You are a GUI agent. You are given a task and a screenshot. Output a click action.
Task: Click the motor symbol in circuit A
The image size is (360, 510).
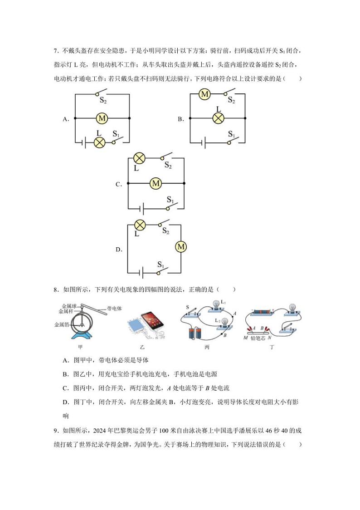[x=102, y=118]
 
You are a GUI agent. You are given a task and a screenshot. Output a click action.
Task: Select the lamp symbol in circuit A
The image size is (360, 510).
[x=99, y=142]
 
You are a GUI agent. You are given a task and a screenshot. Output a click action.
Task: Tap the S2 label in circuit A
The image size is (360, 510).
[x=103, y=101]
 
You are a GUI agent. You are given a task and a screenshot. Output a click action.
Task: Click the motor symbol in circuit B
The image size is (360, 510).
[x=204, y=94]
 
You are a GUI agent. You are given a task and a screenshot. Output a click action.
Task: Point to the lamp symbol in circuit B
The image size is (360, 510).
[x=219, y=118]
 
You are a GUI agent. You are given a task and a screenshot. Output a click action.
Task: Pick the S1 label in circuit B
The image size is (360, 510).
[x=231, y=134]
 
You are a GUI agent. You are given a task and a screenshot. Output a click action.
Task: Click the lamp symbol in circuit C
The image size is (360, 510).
[x=139, y=158]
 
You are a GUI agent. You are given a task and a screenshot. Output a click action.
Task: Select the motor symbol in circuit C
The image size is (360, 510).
[x=156, y=183]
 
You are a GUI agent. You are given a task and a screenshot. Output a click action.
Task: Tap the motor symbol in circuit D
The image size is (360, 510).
[x=181, y=247]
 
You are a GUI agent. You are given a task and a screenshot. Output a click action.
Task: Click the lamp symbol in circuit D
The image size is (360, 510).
[x=140, y=225]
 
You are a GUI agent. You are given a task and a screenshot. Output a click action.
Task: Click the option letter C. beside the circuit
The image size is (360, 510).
[x=119, y=184]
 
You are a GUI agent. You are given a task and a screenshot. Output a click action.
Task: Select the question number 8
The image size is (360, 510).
[x=56, y=289]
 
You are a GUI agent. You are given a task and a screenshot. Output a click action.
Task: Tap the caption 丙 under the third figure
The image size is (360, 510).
[x=207, y=348]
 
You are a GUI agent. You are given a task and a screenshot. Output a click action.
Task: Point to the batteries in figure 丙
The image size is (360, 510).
[x=195, y=333]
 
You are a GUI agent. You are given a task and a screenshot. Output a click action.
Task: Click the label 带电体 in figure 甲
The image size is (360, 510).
[x=114, y=309]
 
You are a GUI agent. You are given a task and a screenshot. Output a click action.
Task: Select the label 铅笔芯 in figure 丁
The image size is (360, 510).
[x=258, y=338]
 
